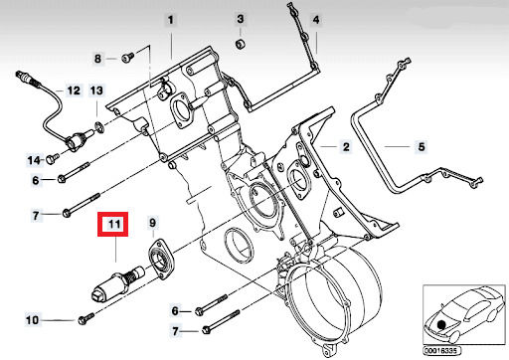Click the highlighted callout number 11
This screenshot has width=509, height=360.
[114, 224]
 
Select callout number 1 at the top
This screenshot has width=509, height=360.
[170, 20]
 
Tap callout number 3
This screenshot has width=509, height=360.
[241, 19]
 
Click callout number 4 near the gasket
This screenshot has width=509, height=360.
[316, 20]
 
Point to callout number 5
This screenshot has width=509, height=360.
[422, 146]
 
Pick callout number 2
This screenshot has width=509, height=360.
[346, 146]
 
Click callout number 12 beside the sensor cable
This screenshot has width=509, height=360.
[74, 90]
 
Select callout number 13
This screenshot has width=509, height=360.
[96, 90]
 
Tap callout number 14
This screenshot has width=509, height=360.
[34, 160]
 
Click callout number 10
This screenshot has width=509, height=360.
[32, 320]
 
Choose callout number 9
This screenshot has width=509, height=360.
[152, 223]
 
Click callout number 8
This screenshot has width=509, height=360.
[97, 59]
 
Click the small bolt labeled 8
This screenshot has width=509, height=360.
[127, 58]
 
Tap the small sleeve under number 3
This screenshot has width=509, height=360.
[240, 44]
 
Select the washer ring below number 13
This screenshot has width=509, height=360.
[99, 127]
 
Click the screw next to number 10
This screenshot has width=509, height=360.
[85, 318]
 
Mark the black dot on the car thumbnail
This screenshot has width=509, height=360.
[441, 325]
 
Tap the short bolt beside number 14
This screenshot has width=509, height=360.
[53, 158]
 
